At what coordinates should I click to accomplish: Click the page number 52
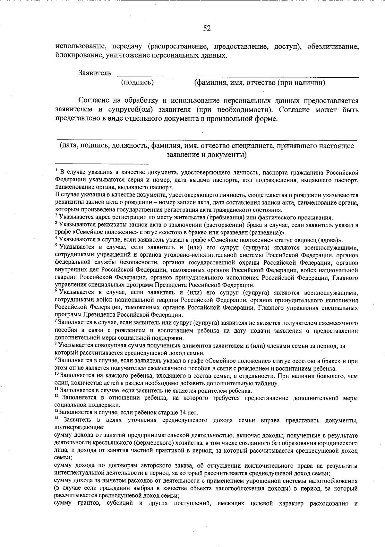pos(207,28)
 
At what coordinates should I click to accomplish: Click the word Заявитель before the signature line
pos(95,73)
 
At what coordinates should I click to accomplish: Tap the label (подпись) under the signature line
pos(137,83)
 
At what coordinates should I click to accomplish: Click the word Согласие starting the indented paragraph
pos(94,101)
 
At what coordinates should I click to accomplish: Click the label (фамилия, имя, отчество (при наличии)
pos(260,83)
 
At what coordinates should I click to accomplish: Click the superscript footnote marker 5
pos(56,245)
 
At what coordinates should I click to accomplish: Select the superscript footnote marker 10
pos(57,374)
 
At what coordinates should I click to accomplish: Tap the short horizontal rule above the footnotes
pos(102,164)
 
